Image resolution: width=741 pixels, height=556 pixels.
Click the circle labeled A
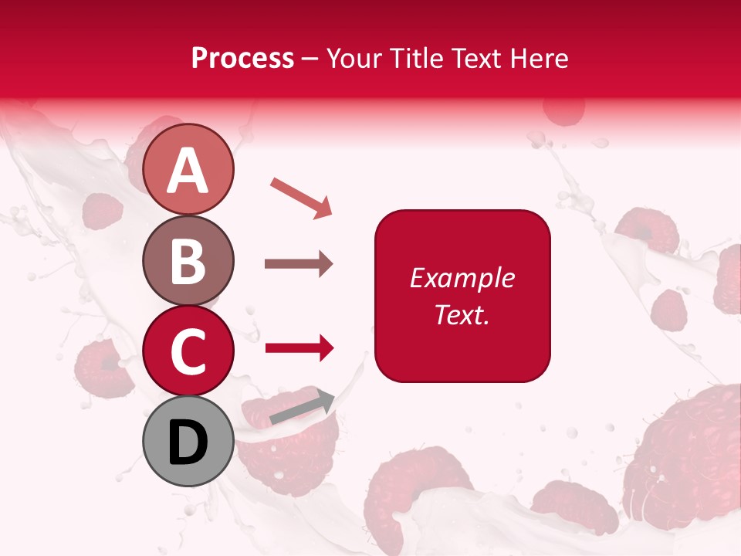188,169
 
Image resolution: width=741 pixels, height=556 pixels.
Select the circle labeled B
188,260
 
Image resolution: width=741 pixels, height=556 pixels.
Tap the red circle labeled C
188,351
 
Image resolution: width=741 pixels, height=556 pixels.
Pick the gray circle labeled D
188,441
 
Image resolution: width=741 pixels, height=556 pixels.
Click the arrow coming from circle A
301,197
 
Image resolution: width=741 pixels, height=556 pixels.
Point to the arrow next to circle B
299,264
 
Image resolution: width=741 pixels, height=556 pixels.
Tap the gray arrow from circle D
302,407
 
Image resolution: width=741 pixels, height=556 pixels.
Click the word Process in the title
242,59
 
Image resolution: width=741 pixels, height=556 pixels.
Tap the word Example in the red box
462,278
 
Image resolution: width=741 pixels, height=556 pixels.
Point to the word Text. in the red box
462,314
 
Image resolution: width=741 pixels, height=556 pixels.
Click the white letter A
188,171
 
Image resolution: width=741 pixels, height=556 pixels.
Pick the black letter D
188,442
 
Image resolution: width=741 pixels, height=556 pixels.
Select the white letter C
188,352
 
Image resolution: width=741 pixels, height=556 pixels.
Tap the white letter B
188,261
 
